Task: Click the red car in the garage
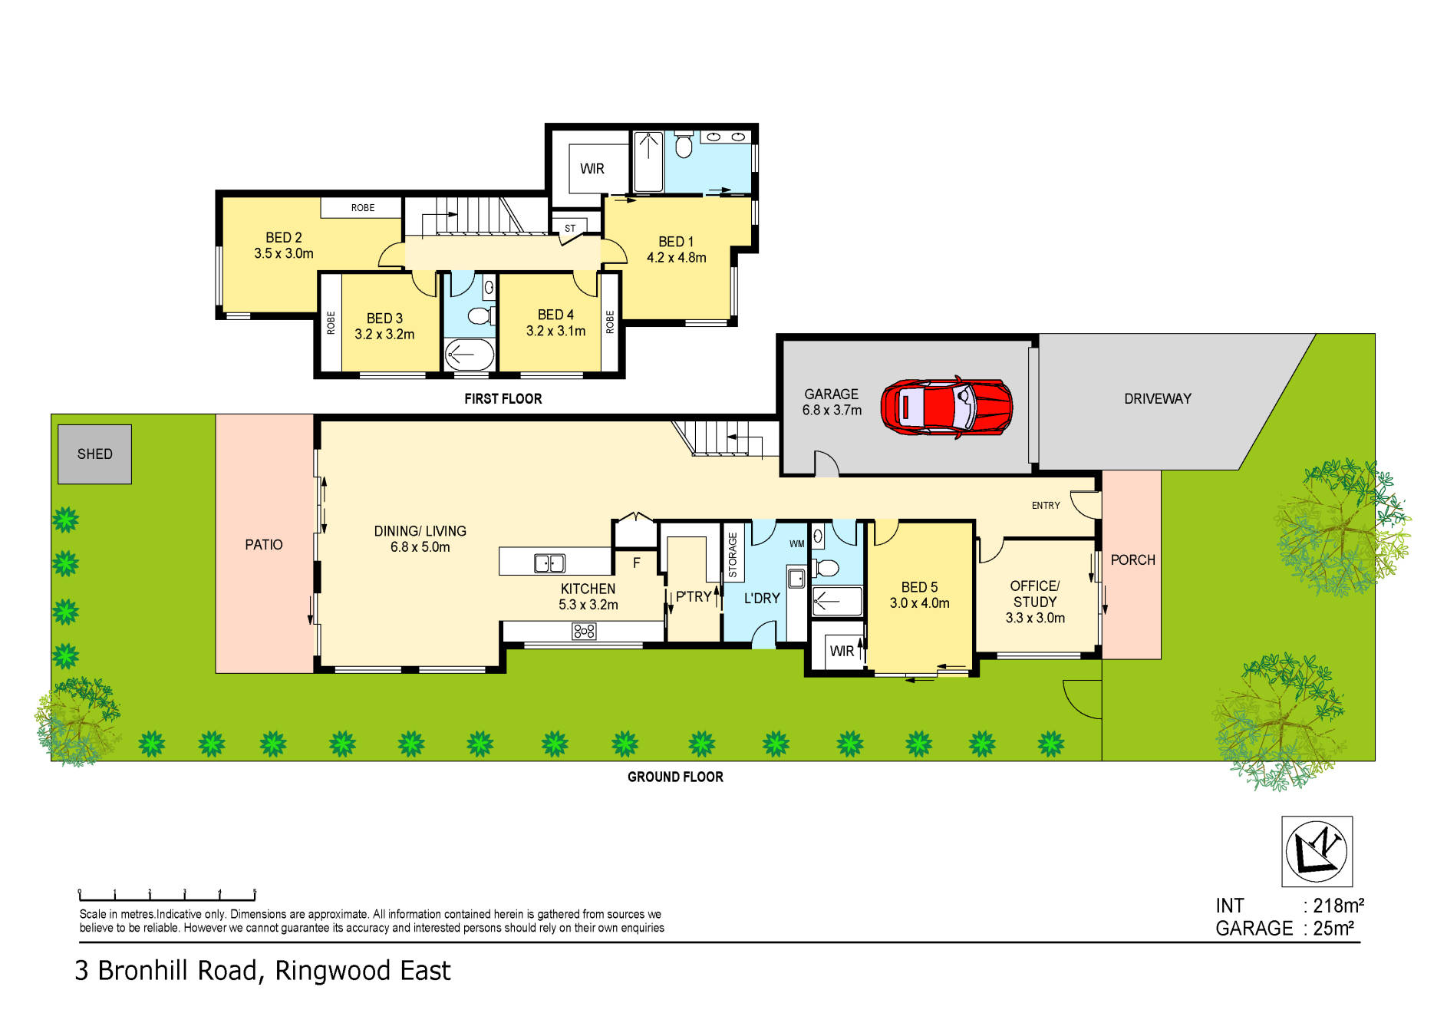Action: coord(946,408)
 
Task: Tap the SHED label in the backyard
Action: coord(94,454)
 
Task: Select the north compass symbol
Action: coord(1317,851)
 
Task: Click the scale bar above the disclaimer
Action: coord(167,895)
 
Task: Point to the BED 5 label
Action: coord(919,587)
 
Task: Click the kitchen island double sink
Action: coord(549,563)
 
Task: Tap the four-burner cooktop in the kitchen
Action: coord(584,632)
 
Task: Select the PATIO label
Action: coord(263,545)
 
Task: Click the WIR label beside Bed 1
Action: coord(592,169)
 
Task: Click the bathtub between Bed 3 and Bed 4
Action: coord(470,355)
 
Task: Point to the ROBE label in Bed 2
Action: coord(363,208)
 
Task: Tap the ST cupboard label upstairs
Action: coord(570,229)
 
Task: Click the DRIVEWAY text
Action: coord(1157,399)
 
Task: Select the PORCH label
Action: coord(1132,560)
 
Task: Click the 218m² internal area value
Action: coord(1338,906)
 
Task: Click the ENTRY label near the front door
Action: coord(1045,506)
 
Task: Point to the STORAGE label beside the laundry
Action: coord(732,555)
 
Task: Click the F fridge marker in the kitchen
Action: coord(636,563)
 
